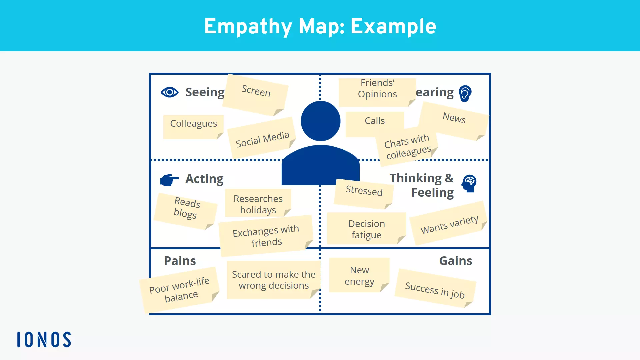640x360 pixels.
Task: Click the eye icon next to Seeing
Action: (x=169, y=92)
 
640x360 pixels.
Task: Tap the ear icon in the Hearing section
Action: (x=465, y=93)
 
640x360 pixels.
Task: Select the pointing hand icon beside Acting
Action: (x=169, y=180)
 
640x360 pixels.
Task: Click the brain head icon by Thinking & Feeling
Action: (x=469, y=183)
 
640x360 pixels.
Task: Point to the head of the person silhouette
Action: (x=320, y=121)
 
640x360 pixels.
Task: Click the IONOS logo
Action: (x=44, y=339)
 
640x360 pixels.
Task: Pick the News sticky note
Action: (x=454, y=120)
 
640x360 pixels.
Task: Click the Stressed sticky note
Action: (x=364, y=194)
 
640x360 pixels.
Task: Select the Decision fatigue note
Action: (x=366, y=229)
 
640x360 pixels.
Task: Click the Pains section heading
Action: (x=180, y=261)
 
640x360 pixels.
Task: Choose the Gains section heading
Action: (x=455, y=261)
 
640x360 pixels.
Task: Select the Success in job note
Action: (x=435, y=289)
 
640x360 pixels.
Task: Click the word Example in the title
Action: (x=393, y=26)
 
